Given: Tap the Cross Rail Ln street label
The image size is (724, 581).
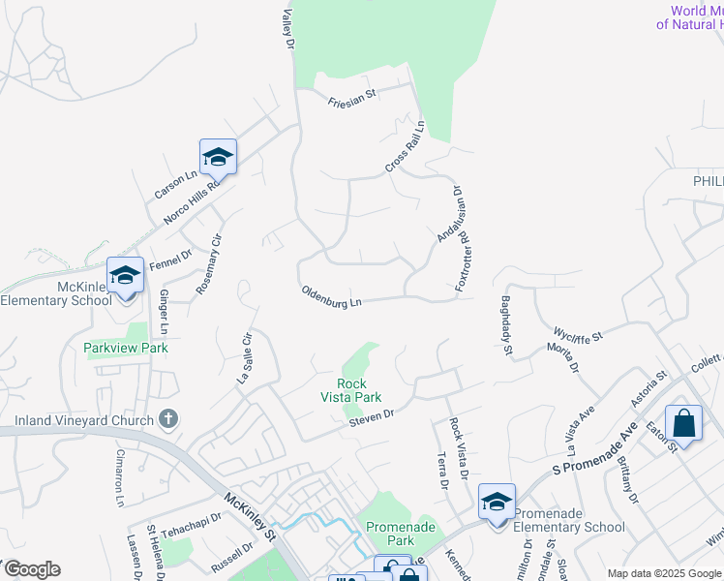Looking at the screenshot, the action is [x=405, y=148].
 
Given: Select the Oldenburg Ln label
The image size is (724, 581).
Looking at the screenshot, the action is [x=331, y=296].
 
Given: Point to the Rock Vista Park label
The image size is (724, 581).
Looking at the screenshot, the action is [x=351, y=390].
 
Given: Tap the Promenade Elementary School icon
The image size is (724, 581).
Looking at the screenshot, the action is [x=497, y=503].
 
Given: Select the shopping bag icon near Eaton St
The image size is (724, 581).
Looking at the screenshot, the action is [x=683, y=423].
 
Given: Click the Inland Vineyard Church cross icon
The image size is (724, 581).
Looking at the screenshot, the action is [x=168, y=419].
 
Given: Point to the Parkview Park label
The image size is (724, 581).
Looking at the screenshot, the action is [x=126, y=348].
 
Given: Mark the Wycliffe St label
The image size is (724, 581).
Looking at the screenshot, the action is [x=578, y=335].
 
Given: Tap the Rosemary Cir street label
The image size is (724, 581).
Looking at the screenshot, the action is [x=209, y=263].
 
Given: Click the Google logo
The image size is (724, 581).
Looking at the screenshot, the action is [x=31, y=569].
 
